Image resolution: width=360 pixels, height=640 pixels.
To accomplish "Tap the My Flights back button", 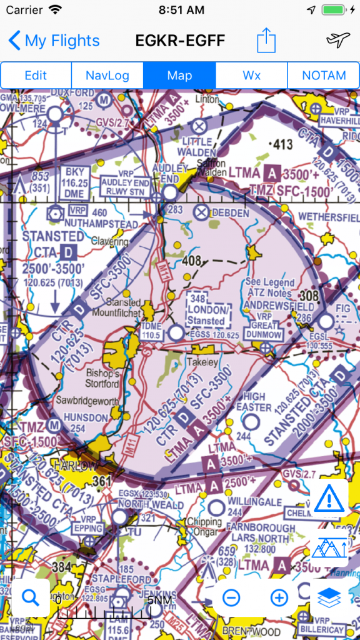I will click(54, 41).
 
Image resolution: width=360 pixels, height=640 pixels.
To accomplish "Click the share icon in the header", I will click(266, 41).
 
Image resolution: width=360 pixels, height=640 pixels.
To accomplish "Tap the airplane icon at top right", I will click(337, 41).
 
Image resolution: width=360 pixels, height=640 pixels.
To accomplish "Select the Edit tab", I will click(36, 76).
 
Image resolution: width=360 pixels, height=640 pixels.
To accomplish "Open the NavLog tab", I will click(107, 76).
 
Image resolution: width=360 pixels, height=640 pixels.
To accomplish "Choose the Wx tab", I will click(251, 76).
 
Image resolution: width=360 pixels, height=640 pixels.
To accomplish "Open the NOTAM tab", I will click(324, 76).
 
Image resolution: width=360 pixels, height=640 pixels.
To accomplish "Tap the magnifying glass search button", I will click(31, 597).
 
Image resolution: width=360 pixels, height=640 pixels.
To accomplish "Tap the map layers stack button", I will click(329, 597).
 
